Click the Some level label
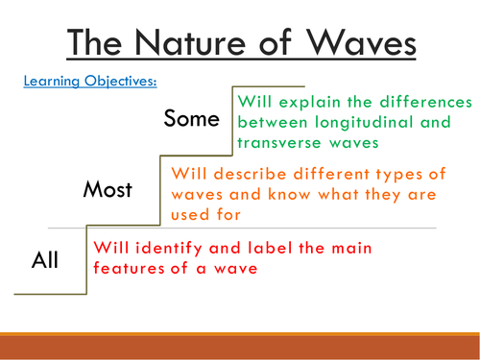[192, 119]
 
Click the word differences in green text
[421, 101]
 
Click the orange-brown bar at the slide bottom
[240, 345]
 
